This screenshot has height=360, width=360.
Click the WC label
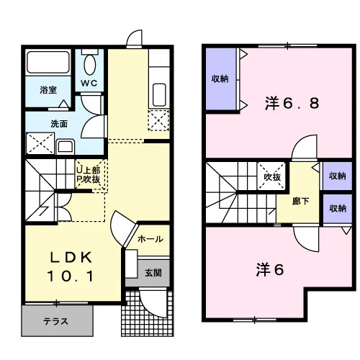[x=89, y=83]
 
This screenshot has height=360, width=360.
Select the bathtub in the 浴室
[x=48, y=63]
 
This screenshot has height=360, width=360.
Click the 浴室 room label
[x=48, y=90]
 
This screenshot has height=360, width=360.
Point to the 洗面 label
[x=59, y=124]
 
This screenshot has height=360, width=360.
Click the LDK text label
[x=71, y=258]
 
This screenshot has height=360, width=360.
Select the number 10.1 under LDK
[x=70, y=276]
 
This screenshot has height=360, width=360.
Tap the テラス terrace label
[x=55, y=321]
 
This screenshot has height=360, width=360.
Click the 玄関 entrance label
[x=153, y=273]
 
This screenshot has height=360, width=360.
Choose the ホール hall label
[x=150, y=239]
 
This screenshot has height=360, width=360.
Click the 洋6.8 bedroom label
[x=292, y=103]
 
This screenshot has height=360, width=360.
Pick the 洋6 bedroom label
[x=270, y=269]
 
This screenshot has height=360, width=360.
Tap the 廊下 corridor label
[x=300, y=201]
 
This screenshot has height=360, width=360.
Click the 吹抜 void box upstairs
[x=271, y=176]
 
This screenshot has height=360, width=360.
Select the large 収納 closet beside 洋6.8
[x=221, y=78]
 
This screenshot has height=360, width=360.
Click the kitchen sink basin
[x=159, y=95]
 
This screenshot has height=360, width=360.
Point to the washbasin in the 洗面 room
[x=66, y=146]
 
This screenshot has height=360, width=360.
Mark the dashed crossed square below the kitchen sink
[x=158, y=120]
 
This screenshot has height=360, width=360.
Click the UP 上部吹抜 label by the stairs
[x=88, y=175]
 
